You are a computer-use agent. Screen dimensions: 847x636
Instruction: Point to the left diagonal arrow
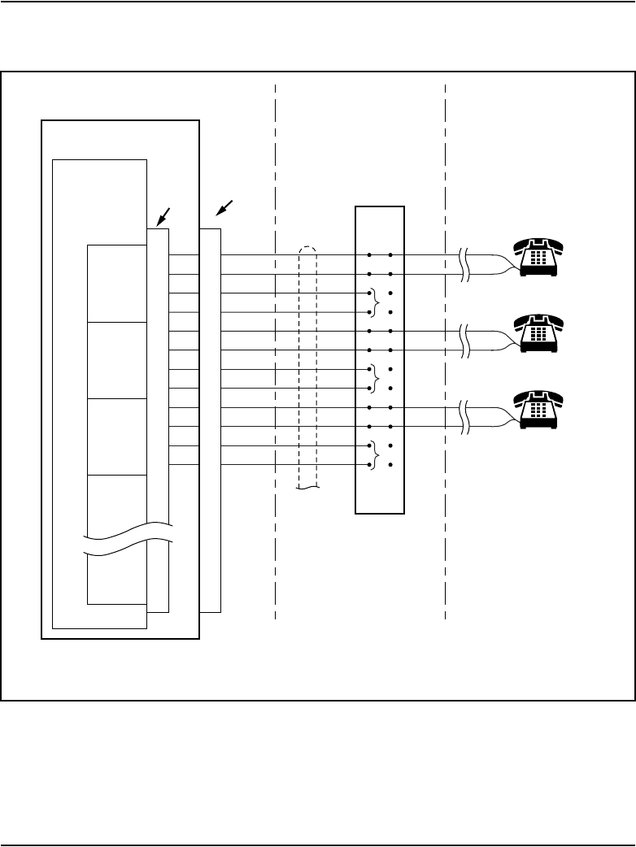[165, 216]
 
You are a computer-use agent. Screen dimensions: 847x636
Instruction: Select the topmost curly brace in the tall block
[372, 302]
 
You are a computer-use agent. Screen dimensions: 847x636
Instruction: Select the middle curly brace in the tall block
[372, 379]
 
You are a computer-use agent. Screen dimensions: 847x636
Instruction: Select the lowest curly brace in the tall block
[372, 455]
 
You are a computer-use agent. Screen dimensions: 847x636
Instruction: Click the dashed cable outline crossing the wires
[307, 366]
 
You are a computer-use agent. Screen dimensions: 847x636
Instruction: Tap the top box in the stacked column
[117, 282]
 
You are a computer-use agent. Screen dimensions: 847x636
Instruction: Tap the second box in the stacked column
[117, 359]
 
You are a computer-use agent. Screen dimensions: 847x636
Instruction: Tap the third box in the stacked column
[117, 436]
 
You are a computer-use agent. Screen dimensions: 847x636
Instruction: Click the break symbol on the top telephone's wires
[465, 264]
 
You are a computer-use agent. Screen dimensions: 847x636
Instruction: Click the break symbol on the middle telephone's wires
[465, 341]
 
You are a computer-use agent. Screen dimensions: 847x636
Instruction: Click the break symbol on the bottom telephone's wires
[465, 417]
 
